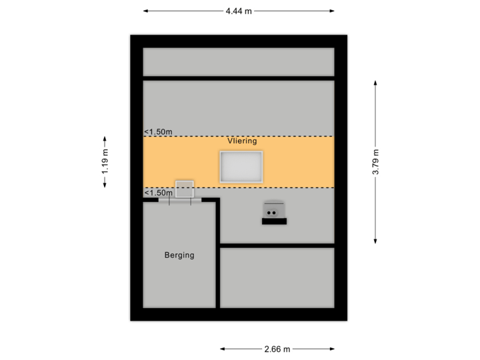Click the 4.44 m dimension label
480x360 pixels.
(239, 11)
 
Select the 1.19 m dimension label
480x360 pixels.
(105, 161)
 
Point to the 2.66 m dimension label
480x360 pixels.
(277, 349)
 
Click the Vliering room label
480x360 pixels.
(241, 141)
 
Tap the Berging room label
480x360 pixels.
(179, 255)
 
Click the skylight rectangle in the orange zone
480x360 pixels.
(241, 167)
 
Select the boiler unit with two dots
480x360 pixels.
(273, 209)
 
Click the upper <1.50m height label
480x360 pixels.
(159, 131)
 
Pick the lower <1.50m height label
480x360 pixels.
(159, 193)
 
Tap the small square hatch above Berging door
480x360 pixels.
(184, 188)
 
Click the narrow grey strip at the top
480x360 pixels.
(239, 62)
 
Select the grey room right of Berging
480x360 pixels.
(277, 277)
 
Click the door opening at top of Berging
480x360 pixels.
(180, 199)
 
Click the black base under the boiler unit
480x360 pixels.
(274, 221)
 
